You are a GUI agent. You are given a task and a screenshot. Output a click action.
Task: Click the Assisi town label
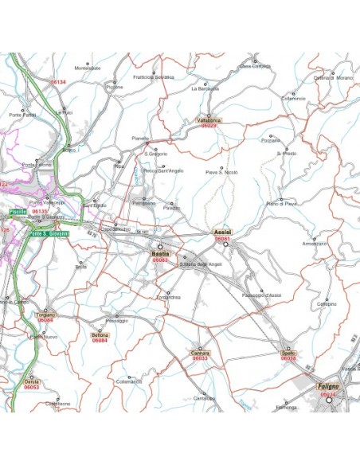[x=223, y=232]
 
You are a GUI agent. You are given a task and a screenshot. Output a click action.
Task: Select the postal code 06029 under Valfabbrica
[x=209, y=126]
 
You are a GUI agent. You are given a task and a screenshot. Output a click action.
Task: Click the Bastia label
[x=160, y=253]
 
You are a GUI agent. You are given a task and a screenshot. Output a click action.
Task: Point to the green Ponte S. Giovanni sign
[x=49, y=234]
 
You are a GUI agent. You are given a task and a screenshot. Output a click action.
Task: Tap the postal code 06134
[x=58, y=82]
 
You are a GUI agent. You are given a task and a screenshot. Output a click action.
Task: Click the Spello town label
[x=288, y=352]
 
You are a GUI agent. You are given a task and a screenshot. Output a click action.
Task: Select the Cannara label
[x=200, y=352]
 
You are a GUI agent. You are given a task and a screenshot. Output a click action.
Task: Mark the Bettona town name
[x=100, y=335]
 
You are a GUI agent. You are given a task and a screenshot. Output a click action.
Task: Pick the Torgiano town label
[x=45, y=315]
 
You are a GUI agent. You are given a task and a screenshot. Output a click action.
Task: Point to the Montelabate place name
[x=88, y=68]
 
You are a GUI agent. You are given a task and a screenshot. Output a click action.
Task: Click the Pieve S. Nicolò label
[x=221, y=172]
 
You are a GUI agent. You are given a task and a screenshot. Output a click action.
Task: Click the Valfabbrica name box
[x=209, y=119]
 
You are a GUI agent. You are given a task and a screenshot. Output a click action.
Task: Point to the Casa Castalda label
[x=256, y=66]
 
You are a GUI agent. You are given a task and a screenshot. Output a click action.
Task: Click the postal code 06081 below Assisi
[x=223, y=239]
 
